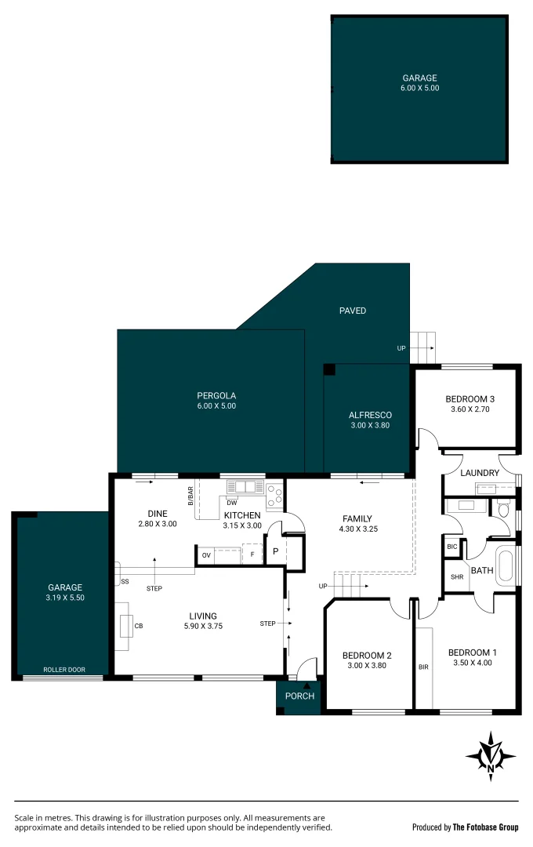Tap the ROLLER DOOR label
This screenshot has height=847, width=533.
pyautogui.click(x=65, y=670)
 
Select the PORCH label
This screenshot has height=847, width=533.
pyautogui.click(x=299, y=696)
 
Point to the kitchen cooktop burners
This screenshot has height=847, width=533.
pyautogui.click(x=274, y=494)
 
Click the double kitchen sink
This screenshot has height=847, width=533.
pyautogui.click(x=245, y=487)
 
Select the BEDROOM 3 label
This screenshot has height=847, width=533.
pyautogui.click(x=470, y=398)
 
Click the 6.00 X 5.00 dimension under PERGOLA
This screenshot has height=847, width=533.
pyautogui.click(x=216, y=406)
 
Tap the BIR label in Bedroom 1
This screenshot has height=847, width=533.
pyautogui.click(x=423, y=667)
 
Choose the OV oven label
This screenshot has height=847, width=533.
pyautogui.click(x=206, y=555)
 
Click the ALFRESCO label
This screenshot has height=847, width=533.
pyautogui.click(x=370, y=414)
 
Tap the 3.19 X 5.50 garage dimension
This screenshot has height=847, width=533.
pyautogui.click(x=65, y=598)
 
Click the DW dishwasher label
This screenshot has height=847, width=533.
pyautogui.click(x=231, y=503)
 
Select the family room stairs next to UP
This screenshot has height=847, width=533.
pyautogui.click(x=350, y=584)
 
